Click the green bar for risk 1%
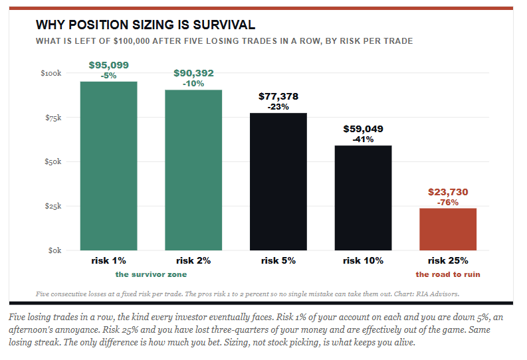pyautogui.click(x=108, y=166)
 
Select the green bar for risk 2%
pyautogui.click(x=193, y=170)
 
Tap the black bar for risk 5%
pyautogui.click(x=278, y=182)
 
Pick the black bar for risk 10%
pyautogui.click(x=363, y=198)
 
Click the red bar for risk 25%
pyautogui.click(x=448, y=229)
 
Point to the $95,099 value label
pyautogui.click(x=108, y=65)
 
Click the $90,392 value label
pyautogui.click(x=193, y=73)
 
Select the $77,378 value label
pyautogui.click(x=278, y=96)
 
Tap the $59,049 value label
pyautogui.click(x=363, y=129)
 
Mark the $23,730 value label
pyautogui.click(x=448, y=192)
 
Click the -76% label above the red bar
pyautogui.click(x=448, y=203)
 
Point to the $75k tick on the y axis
pyautogui.click(x=53, y=118)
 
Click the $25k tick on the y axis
pyautogui.click(x=53, y=206)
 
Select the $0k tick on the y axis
pyautogui.click(x=54, y=250)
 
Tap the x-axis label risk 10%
pyautogui.click(x=363, y=260)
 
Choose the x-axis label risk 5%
pyautogui.click(x=278, y=260)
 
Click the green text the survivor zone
pyautogui.click(x=151, y=274)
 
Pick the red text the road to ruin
pyautogui.click(x=448, y=274)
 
